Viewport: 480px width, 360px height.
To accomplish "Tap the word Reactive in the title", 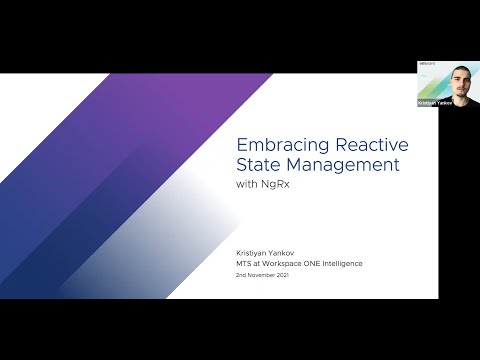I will pos(364,144).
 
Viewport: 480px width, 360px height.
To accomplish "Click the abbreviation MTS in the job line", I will pos(241,263).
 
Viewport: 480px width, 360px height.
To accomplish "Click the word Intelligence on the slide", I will pos(345,263).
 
